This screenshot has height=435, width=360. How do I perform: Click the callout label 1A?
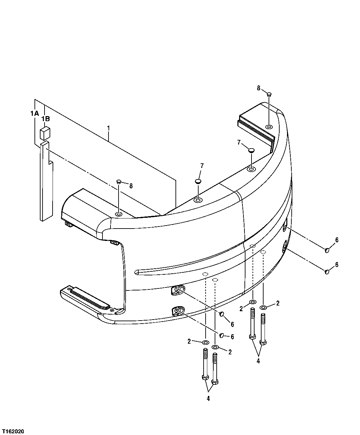[34, 114]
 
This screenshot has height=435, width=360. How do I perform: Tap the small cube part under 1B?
[45, 133]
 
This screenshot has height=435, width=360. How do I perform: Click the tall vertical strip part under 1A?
[45, 181]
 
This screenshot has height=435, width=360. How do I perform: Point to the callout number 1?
[108, 128]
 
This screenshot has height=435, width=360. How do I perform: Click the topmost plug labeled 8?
[269, 95]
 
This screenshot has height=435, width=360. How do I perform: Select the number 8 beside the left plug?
[131, 186]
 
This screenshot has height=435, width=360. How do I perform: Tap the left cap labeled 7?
[198, 181]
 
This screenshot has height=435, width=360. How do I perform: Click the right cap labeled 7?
[252, 150]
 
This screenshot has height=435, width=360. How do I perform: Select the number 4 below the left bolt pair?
[208, 399]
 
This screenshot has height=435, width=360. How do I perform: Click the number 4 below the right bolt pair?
[258, 361]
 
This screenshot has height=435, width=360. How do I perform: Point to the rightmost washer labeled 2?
[264, 308]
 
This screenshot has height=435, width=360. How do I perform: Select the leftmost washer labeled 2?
[205, 342]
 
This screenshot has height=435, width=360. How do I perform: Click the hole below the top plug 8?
[269, 127]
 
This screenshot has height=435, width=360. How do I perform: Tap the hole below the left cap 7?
[198, 200]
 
